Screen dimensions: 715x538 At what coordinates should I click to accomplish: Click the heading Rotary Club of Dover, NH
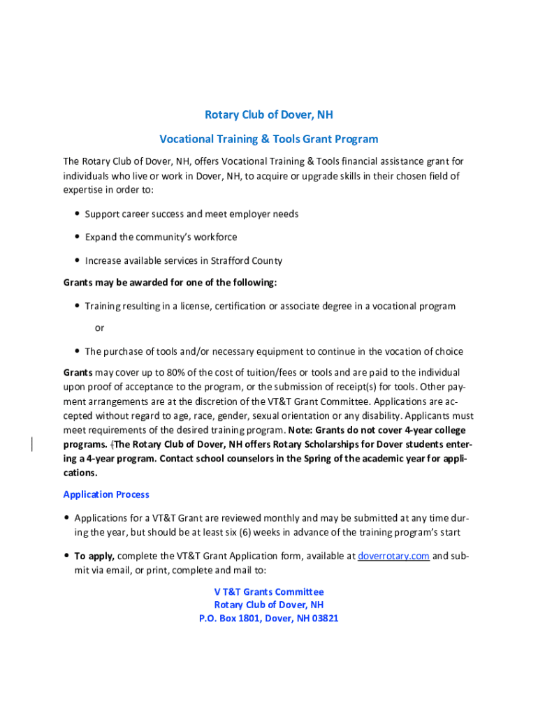(269, 115)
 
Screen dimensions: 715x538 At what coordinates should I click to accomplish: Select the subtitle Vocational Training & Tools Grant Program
(269, 139)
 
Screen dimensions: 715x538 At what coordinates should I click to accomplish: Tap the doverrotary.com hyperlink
(393, 556)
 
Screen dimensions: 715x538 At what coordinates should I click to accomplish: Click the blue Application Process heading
(106, 494)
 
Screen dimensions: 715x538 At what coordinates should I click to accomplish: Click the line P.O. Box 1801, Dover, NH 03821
(269, 618)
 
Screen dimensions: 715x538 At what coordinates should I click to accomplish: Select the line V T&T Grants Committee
(269, 591)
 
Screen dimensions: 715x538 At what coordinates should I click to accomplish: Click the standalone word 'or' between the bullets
(100, 328)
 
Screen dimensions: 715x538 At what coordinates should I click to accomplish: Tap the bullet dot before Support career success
(76, 214)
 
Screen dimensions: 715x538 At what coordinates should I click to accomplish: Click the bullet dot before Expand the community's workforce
(76, 237)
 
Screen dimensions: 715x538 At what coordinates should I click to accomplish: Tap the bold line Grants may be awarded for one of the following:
(170, 283)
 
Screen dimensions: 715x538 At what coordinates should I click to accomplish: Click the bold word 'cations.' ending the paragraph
(82, 473)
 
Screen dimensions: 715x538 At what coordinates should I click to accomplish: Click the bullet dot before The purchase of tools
(76, 351)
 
